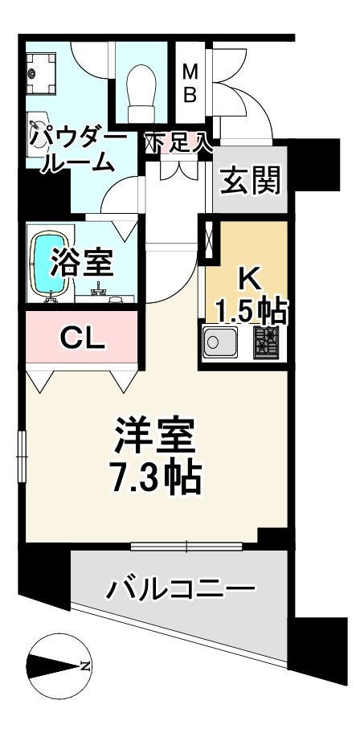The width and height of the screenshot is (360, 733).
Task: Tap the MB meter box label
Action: [190, 84]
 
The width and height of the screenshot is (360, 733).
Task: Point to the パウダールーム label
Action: [77, 150]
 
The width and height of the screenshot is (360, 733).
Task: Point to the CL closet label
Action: [83, 338]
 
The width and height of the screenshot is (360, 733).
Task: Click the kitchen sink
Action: [219, 343]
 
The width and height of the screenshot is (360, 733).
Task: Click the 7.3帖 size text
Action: [155, 479]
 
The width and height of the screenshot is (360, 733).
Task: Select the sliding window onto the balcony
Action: [186, 547]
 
